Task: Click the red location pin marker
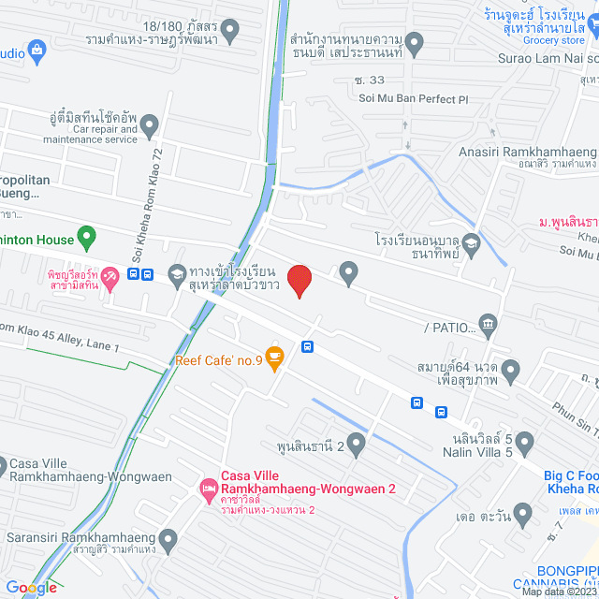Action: tap(299, 280)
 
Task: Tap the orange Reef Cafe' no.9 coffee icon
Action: tap(274, 356)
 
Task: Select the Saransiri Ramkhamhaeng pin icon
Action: tap(168, 538)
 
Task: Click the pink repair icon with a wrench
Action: tap(110, 276)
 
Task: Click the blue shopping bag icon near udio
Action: tap(37, 50)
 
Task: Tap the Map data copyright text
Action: tap(558, 592)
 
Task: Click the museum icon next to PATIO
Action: tap(488, 325)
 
